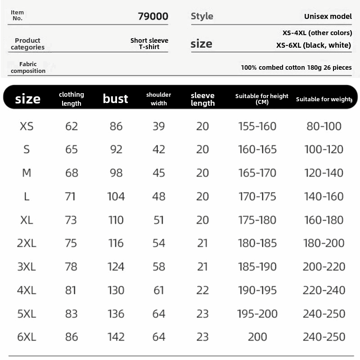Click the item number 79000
click(x=153, y=17)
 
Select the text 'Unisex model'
click(x=328, y=17)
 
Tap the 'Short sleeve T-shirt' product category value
click(x=149, y=44)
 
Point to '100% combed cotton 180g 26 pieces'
click(x=296, y=67)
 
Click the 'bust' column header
click(x=116, y=99)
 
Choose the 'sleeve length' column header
click(x=202, y=99)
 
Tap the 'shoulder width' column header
click(x=159, y=99)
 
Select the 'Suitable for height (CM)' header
click(x=262, y=98)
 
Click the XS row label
click(x=27, y=126)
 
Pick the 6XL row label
click(x=27, y=337)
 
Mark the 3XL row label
click(x=27, y=266)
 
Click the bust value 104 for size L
click(x=116, y=196)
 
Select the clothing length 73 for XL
click(x=72, y=220)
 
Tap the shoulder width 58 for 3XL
click(x=159, y=266)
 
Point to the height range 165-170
click(x=257, y=173)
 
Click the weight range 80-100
click(x=324, y=126)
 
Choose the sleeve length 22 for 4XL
click(x=202, y=290)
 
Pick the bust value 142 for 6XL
click(x=116, y=337)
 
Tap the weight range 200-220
click(x=324, y=266)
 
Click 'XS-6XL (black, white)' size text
click(x=313, y=45)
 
